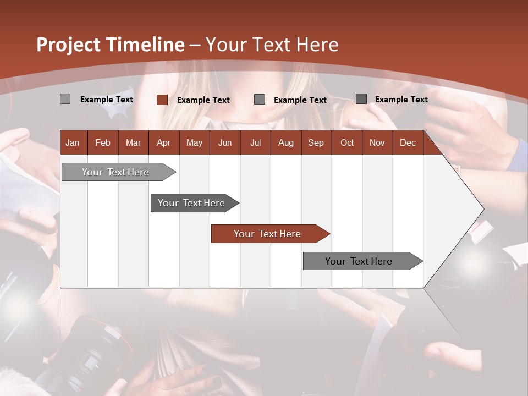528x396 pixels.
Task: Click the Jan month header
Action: point(73,142)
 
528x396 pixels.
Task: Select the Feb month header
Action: point(103,142)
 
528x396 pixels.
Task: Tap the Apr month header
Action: point(163,142)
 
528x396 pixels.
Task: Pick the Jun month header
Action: point(225,142)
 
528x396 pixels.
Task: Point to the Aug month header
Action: point(285,142)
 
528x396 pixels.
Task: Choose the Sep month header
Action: point(316,142)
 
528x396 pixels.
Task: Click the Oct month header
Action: point(347,142)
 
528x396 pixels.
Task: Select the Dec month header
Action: point(408,142)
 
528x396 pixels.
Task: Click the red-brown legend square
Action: point(162,100)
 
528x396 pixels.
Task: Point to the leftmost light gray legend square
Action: point(65,99)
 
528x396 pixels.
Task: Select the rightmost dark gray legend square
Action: point(361,99)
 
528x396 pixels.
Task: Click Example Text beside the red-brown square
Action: point(204,100)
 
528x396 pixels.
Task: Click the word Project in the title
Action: point(69,45)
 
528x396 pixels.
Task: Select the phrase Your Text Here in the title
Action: point(272,45)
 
